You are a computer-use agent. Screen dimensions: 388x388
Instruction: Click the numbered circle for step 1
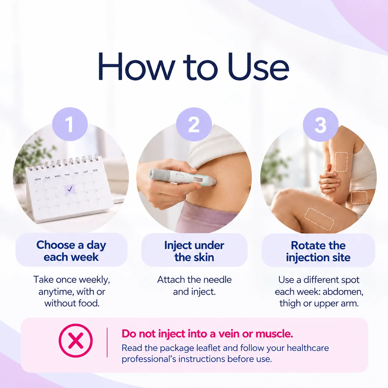tap(70, 124)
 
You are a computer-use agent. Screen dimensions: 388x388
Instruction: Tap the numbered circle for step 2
tap(194, 124)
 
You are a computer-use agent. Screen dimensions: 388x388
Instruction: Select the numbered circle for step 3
tap(321, 125)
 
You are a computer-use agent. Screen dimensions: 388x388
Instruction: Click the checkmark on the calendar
tap(70, 189)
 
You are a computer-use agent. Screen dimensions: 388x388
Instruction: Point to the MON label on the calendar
tap(38, 179)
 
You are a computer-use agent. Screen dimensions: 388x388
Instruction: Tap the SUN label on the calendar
tap(95, 170)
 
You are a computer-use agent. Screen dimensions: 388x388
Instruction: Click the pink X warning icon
tap(76, 340)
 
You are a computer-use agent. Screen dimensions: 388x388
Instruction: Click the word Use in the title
tap(258, 67)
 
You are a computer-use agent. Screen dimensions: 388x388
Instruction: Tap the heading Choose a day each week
tap(71, 251)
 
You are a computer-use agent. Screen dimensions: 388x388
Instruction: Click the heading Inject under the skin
tap(194, 251)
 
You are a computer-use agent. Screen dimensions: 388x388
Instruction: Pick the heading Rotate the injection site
tap(318, 251)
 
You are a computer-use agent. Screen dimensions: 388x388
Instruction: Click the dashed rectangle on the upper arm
tap(341, 162)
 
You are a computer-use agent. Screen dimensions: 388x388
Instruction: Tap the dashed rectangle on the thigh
tap(319, 219)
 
